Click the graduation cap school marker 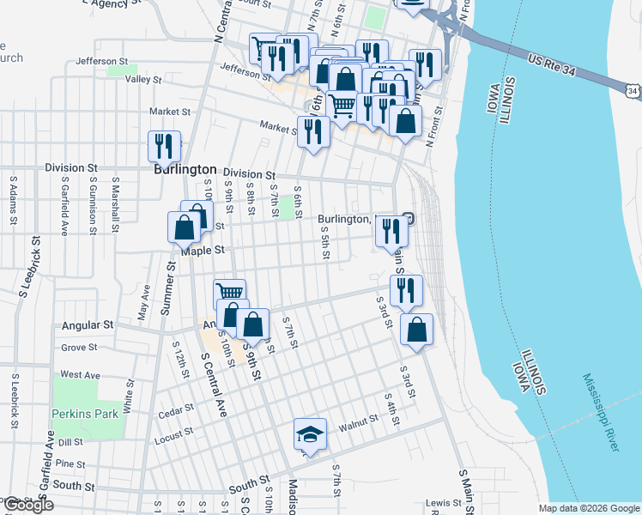tap(310, 434)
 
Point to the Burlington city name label tap(185, 170)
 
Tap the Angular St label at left tap(88, 326)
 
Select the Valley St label tap(143, 80)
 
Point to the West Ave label tap(81, 375)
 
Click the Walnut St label tap(358, 422)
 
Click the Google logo tap(27, 506)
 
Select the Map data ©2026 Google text tap(589, 508)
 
